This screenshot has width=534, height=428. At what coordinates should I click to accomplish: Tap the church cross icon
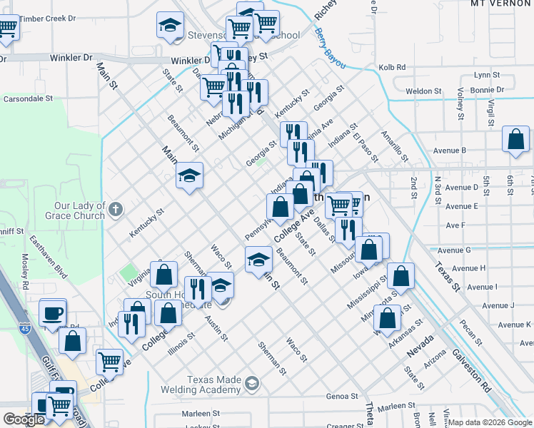click(118, 208)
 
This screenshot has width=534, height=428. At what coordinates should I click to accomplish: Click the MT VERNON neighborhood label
click(499, 4)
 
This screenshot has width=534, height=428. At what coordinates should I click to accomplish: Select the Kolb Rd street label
click(392, 68)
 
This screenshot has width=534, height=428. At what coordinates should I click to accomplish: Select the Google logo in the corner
click(24, 419)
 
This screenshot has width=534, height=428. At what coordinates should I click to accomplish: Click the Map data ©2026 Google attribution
click(490, 422)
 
